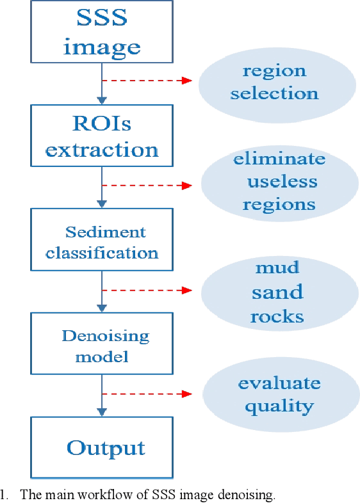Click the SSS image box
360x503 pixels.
(101, 32)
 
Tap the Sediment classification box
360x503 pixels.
(101, 242)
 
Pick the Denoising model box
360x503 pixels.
(101, 346)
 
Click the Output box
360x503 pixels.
(101, 447)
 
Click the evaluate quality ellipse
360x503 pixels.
(279, 394)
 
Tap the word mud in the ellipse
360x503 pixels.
(277, 267)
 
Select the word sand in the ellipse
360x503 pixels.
(277, 292)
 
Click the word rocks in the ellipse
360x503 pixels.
(277, 317)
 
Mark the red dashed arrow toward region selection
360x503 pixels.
(147, 81)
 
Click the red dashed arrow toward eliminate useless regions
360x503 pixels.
(147, 186)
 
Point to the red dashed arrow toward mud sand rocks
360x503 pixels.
(147, 290)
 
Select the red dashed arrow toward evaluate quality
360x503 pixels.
(147, 394)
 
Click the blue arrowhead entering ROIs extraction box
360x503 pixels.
(101, 100)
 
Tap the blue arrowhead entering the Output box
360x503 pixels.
(101, 413)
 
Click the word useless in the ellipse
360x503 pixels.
(281, 181)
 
